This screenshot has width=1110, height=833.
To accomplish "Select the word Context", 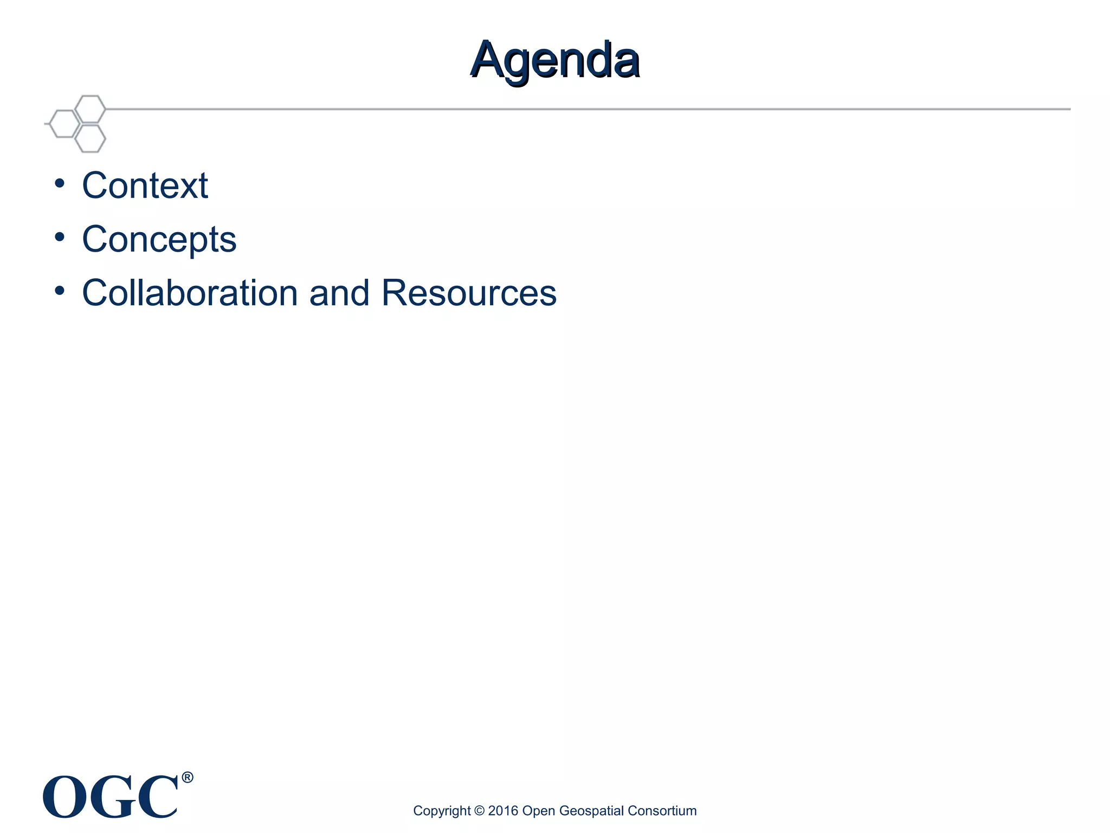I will [145, 185].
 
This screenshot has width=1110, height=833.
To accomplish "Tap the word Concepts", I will [159, 239].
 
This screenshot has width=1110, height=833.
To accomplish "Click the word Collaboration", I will [190, 293].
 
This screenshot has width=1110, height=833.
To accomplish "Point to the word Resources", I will [469, 293].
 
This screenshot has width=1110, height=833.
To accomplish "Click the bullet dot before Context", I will [60, 183].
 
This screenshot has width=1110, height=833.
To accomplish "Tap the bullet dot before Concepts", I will [60, 236].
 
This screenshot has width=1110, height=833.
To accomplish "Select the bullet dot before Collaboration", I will [60, 290].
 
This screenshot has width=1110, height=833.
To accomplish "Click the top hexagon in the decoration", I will [90, 109].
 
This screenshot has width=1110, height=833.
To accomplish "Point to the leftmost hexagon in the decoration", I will [64, 124].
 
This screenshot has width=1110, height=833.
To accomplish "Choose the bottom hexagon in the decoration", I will [90, 138].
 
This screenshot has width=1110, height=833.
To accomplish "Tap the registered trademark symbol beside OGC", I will [187, 778].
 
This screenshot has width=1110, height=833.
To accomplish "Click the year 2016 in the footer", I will [503, 811].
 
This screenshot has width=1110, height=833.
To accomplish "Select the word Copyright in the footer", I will [442, 811].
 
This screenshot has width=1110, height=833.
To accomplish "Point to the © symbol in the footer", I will [479, 811].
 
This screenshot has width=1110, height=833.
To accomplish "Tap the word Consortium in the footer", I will [662, 811].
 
